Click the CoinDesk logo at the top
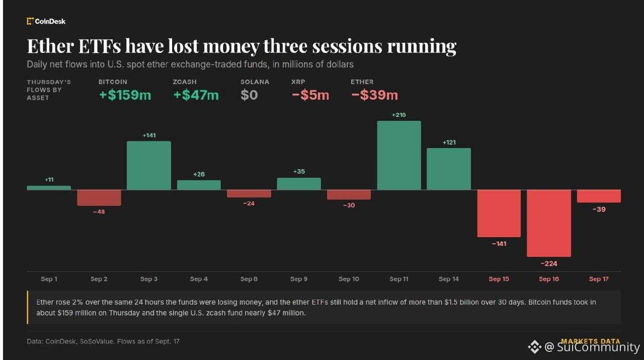(46, 21)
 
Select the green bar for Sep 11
(399, 156)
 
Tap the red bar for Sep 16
(549, 223)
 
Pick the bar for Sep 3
(149, 166)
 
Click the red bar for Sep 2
(99, 198)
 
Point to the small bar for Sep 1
(49, 188)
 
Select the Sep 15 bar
(499, 213)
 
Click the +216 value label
(399, 115)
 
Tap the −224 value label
(549, 264)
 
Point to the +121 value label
(449, 142)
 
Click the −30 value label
(349, 205)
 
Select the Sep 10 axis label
(349, 279)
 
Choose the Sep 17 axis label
(599, 279)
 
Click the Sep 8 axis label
(249, 279)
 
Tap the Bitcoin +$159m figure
(125, 95)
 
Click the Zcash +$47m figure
(196, 95)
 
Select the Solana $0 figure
(249, 95)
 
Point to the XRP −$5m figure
(310, 95)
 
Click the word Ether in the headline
(51, 46)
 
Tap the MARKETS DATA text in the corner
(591, 341)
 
